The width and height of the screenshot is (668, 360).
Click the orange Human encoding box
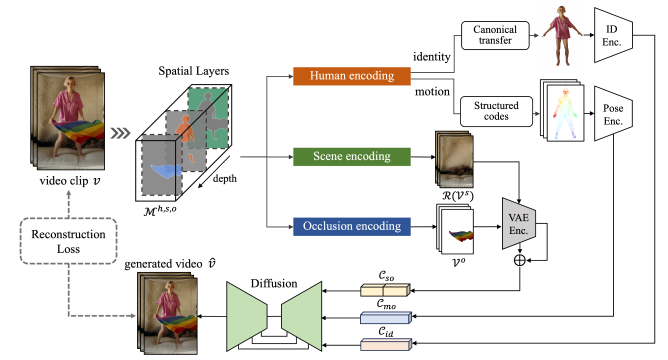pos(351,76)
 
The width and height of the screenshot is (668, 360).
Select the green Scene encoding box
pos(351,156)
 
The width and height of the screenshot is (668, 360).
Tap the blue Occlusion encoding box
pos(351,226)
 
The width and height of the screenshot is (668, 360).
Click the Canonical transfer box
pos(495,35)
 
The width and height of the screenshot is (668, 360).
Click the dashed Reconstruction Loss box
pos(68,241)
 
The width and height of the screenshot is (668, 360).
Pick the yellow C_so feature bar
pos(384,290)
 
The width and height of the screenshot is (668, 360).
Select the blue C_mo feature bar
pos(384,317)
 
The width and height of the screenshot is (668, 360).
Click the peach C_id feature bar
pos(384,344)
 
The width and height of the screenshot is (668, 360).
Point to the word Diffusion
pos(274,283)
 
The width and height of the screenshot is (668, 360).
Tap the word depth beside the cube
pos(225,178)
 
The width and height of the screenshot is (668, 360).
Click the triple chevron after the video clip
pos(120,133)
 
